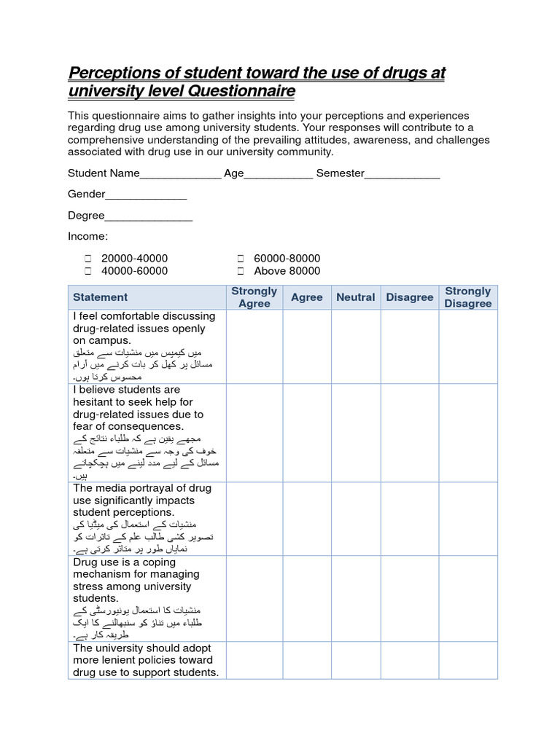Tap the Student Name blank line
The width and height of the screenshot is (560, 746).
[x=179, y=175]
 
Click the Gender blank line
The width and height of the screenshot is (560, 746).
[x=146, y=195]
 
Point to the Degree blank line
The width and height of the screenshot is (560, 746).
[x=149, y=216]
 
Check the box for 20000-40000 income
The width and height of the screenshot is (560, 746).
[x=87, y=259]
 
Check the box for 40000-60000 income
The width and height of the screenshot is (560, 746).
[x=87, y=271]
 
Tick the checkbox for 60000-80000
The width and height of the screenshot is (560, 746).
[x=240, y=259]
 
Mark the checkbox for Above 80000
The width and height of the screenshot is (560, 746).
[x=240, y=271]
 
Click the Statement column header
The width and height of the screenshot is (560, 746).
[x=100, y=297]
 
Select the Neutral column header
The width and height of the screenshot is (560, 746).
[x=356, y=297]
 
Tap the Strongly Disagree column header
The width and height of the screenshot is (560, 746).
[x=467, y=297]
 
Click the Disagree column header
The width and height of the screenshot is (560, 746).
[x=409, y=297]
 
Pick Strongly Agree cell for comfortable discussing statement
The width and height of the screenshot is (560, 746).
[x=254, y=346]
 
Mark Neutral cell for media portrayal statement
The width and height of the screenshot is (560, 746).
[x=356, y=519]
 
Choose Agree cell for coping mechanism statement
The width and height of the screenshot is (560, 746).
[x=307, y=598]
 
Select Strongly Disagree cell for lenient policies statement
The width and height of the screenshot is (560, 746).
[x=467, y=660]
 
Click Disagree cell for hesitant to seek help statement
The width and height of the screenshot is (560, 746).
[x=409, y=433]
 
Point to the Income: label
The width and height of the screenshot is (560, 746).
[x=87, y=237]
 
